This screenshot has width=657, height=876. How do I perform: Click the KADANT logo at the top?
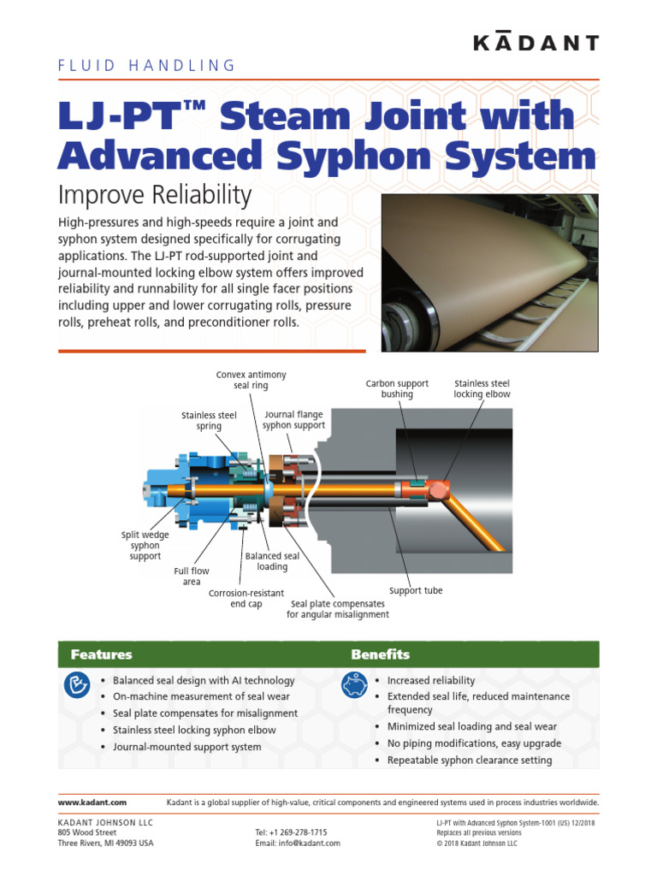536,43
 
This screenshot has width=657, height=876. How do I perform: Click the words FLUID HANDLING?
146,65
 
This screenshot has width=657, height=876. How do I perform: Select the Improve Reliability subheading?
155,195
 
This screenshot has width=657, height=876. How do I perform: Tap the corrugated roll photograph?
489,272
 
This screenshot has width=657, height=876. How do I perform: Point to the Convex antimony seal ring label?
251,380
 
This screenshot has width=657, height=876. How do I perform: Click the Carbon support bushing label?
397,389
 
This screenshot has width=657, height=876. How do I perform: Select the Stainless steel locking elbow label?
482,389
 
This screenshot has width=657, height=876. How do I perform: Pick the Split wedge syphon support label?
145,546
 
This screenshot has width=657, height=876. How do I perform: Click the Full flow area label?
192,576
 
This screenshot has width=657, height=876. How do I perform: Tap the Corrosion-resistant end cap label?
246,598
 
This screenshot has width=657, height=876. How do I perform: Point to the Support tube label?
416,590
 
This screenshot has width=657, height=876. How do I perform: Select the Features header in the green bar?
102,654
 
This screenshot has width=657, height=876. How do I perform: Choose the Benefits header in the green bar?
380,654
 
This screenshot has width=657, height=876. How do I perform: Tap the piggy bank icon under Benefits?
353,685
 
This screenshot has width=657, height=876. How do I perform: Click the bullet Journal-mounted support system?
187,747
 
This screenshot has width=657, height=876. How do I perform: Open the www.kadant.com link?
92,802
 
